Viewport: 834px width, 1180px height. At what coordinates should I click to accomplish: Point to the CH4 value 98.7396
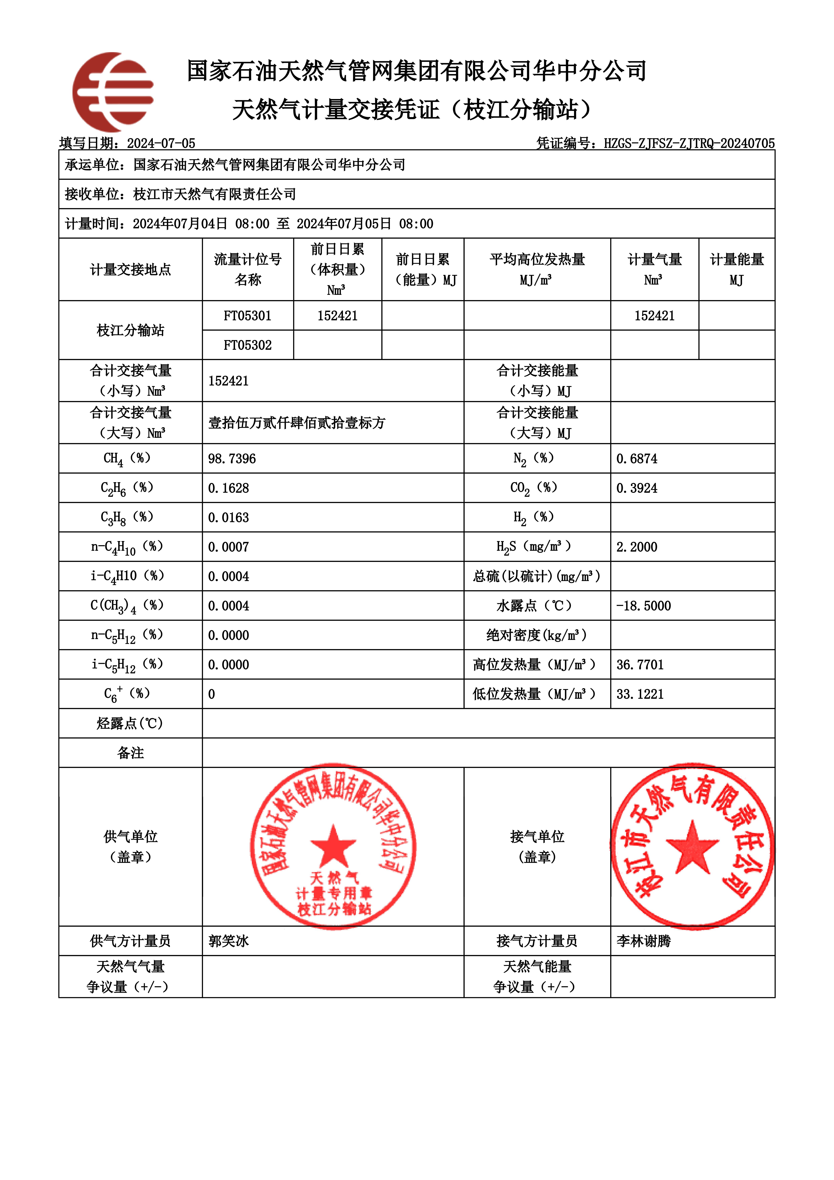(232, 458)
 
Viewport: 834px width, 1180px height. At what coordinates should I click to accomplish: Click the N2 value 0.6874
(637, 458)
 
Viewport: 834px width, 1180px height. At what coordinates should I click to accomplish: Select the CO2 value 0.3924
(637, 488)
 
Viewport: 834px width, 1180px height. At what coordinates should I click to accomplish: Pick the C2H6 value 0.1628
(229, 488)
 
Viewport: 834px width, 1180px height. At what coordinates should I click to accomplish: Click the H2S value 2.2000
(637, 547)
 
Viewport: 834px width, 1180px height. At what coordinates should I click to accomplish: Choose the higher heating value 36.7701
(640, 665)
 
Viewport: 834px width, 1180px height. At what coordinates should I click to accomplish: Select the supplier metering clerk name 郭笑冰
(229, 941)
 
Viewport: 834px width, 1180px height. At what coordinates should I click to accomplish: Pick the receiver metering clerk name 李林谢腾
(643, 941)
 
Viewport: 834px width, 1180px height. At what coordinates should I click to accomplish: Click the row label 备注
(130, 753)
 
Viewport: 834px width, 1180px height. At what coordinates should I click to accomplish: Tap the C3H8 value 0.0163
(229, 518)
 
